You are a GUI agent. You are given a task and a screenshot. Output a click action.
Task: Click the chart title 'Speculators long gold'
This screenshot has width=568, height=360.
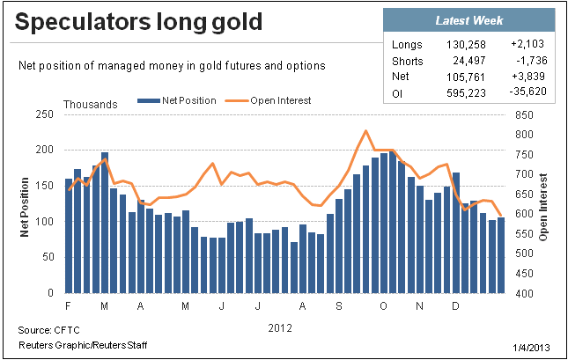click(x=138, y=23)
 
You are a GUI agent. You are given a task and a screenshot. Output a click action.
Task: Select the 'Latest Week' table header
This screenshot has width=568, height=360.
click(x=469, y=20)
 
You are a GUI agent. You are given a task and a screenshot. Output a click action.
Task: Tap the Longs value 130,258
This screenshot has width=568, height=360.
click(x=466, y=45)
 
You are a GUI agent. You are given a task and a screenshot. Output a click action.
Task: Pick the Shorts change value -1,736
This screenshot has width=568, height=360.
click(x=532, y=60)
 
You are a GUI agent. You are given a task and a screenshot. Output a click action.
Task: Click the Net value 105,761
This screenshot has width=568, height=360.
click(x=466, y=77)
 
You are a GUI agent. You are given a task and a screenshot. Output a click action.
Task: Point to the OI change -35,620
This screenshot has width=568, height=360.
click(x=527, y=92)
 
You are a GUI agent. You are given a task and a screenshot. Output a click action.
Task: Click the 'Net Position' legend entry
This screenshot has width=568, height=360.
click(x=177, y=100)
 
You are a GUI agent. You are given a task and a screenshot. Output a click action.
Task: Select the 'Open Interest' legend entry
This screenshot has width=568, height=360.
click(x=268, y=100)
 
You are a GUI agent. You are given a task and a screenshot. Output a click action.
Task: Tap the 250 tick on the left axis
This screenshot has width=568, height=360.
click(x=45, y=114)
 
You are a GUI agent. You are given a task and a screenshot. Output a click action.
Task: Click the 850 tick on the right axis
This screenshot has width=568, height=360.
click(x=524, y=115)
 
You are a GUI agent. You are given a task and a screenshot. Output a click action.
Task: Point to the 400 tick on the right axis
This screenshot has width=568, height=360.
click(x=524, y=293)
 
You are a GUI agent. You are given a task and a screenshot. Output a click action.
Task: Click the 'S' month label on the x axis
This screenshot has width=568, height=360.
click(x=339, y=306)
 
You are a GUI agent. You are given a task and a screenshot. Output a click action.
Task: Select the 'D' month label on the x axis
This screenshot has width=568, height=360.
click(x=455, y=306)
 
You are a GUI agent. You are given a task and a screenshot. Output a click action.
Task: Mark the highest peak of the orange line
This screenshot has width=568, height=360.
click(x=365, y=131)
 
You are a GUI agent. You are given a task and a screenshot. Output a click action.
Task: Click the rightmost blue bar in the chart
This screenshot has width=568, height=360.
click(x=501, y=255)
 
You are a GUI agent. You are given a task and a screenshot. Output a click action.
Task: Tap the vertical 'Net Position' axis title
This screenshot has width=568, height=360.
click(x=25, y=207)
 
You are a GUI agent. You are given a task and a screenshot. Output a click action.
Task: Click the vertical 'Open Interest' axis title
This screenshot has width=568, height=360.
click(x=542, y=207)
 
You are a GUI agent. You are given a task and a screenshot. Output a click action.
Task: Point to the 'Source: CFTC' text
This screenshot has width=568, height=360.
click(x=49, y=330)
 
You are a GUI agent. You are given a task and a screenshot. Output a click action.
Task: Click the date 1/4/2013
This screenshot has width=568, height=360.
click(x=531, y=348)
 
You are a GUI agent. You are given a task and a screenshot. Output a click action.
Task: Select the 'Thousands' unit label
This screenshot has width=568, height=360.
click(x=91, y=105)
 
